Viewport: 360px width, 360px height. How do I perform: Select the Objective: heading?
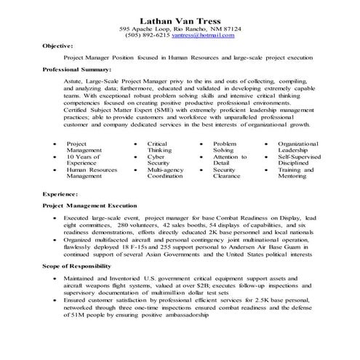(58, 45)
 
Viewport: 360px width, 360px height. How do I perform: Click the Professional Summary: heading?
(76, 69)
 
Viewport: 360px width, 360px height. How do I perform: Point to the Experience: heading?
(60, 195)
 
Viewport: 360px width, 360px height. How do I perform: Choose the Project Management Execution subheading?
(88, 206)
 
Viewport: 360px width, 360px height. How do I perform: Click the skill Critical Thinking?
(159, 146)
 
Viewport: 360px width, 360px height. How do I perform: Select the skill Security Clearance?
(227, 172)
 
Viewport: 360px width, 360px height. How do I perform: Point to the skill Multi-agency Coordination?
(164, 172)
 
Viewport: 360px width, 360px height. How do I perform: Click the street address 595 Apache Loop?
(145, 28)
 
